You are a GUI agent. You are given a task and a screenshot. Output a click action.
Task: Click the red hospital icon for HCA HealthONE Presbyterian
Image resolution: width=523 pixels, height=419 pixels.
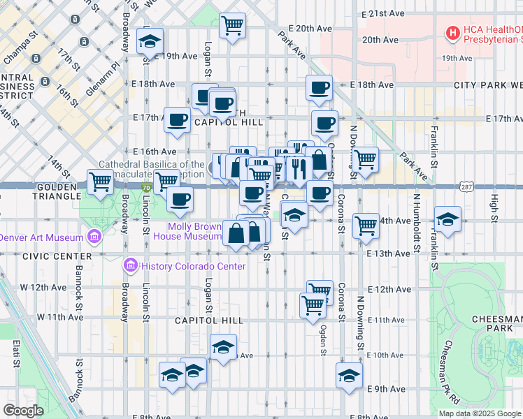[453, 32]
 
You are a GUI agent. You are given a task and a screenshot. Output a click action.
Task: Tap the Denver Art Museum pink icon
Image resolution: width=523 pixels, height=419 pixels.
[93, 237]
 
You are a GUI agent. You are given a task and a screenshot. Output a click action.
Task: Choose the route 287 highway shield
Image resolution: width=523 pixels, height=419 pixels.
[468, 187]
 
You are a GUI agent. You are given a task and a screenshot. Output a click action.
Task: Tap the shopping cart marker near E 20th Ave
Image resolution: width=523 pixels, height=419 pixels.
[233, 26]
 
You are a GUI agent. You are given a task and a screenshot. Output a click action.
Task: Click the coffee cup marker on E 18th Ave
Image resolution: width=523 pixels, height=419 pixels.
[320, 88]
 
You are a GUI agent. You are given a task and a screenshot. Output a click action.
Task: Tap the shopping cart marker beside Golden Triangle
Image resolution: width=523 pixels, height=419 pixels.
[101, 182]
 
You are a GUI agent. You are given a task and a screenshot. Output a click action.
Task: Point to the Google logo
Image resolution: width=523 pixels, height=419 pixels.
[23, 411]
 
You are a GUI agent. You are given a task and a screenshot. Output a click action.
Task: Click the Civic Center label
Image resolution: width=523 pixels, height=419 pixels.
[47, 256]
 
